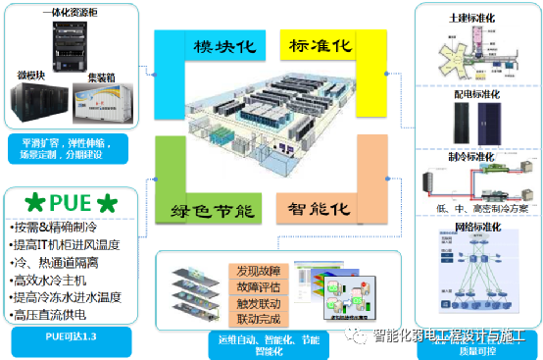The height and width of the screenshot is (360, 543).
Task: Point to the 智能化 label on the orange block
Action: (x=318, y=210)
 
